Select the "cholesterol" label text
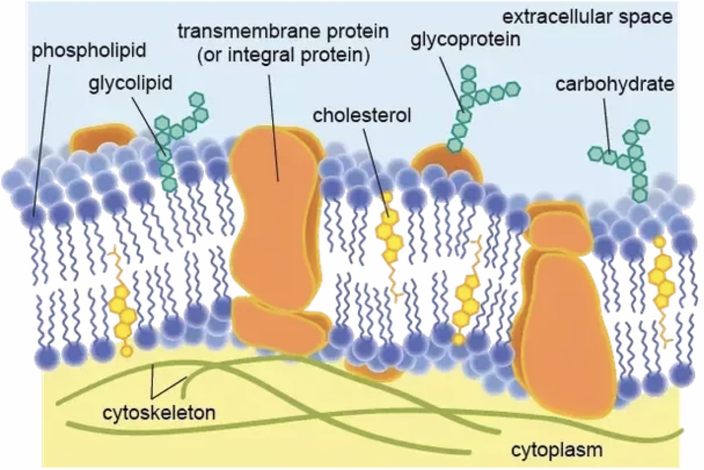tap(361, 116)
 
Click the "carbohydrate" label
tap(615, 84)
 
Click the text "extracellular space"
tap(587, 17)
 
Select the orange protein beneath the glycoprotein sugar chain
tap(446, 164)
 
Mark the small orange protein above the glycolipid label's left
tap(101, 138)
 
